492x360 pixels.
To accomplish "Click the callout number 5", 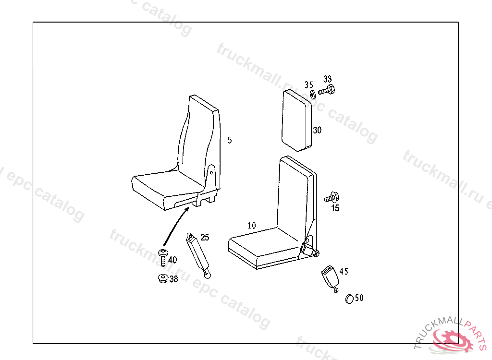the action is [230, 140].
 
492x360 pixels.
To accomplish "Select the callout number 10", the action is [252, 225].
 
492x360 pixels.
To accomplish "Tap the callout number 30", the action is [317, 130].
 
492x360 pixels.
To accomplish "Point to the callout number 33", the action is [328, 79].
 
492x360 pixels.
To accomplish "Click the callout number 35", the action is [308, 85].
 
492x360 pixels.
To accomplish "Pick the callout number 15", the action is [335, 208].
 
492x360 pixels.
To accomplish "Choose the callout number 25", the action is [205, 237].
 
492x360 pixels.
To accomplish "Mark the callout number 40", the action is [172, 260].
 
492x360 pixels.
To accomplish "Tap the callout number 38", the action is [173, 278].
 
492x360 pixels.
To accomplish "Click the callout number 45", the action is [344, 271].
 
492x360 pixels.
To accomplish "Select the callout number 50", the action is [359, 298].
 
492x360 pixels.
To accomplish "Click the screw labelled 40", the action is [163, 256].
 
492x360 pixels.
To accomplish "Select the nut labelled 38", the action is [163, 278].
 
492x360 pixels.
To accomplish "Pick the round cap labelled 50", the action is [349, 299].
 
